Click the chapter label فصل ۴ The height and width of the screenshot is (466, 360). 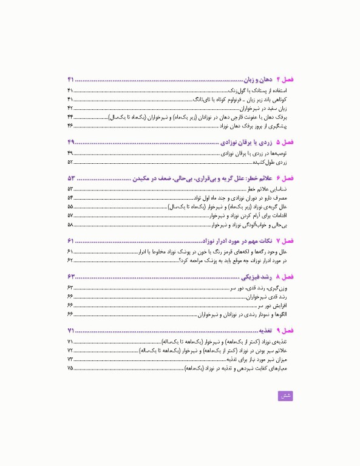(x=284, y=81)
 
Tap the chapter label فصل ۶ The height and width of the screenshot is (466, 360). (x=284, y=179)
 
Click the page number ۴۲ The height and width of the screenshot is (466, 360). (x=70, y=107)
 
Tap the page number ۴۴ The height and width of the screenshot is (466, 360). (x=70, y=116)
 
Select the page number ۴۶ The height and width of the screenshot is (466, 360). (x=70, y=125)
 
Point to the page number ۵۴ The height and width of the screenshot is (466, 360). (x=70, y=198)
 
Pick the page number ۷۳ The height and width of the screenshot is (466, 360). (x=70, y=360)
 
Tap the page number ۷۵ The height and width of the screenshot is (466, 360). (x=70, y=368)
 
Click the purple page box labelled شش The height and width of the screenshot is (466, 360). (x=285, y=396)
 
